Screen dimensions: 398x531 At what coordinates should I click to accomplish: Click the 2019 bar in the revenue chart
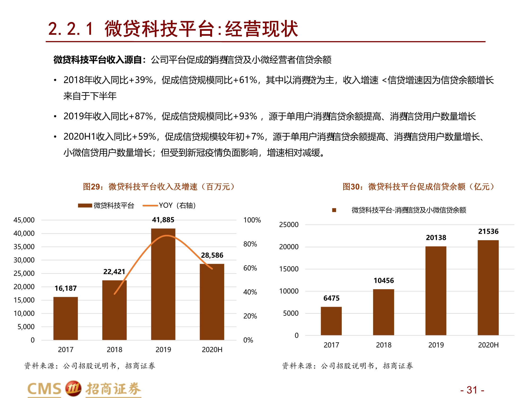tap(163, 284)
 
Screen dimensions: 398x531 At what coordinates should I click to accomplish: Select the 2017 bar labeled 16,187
tap(66, 318)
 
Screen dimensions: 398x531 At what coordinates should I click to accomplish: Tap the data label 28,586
tap(212, 255)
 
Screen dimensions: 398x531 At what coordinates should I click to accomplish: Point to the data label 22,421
tap(114, 272)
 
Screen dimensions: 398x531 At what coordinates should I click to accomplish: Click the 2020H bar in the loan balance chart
tap(488, 288)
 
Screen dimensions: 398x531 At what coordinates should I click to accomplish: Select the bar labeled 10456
tap(383, 312)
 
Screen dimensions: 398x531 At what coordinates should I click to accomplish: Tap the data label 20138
tap(436, 237)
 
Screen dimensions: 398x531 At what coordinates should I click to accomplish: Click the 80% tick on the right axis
tap(250, 244)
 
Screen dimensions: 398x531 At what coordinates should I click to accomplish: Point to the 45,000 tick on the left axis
tap(24, 220)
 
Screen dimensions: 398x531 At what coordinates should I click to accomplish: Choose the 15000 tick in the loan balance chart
tap(289, 269)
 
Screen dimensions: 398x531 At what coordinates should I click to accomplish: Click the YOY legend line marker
tap(150, 205)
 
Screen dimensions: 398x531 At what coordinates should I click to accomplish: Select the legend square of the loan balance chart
tap(334, 210)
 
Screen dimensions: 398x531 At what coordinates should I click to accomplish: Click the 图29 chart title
tap(159, 187)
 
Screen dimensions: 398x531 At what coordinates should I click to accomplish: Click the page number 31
tap(472, 390)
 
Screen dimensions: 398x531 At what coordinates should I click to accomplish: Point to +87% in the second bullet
tap(144, 116)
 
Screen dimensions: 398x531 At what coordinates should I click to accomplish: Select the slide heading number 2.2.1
tap(71, 29)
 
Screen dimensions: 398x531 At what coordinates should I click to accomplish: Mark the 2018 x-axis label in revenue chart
tap(114, 350)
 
